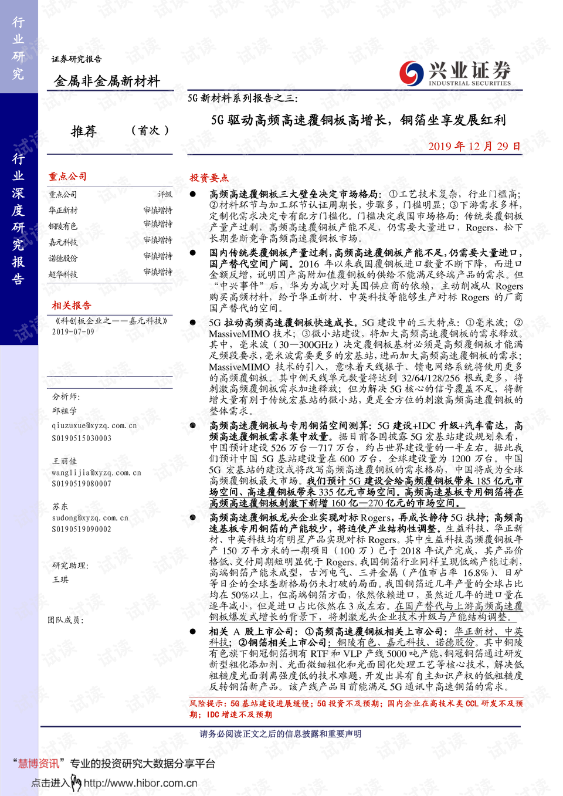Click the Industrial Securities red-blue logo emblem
point(411,73)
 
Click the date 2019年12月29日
point(474,146)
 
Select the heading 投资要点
point(209,178)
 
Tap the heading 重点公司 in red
point(67,177)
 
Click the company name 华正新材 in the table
point(63,211)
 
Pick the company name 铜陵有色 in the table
point(63,226)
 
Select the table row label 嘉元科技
point(63,242)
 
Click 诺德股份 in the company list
point(63,258)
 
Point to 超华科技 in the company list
point(63,274)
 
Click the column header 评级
point(165,195)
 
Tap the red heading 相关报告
point(72,306)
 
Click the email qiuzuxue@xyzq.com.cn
point(94,426)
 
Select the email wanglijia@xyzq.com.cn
point(96,473)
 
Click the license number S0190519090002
point(82,529)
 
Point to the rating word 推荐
point(84,131)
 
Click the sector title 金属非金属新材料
point(107,82)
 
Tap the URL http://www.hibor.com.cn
point(140,783)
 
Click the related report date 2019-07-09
point(73,332)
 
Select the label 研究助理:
point(70,565)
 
